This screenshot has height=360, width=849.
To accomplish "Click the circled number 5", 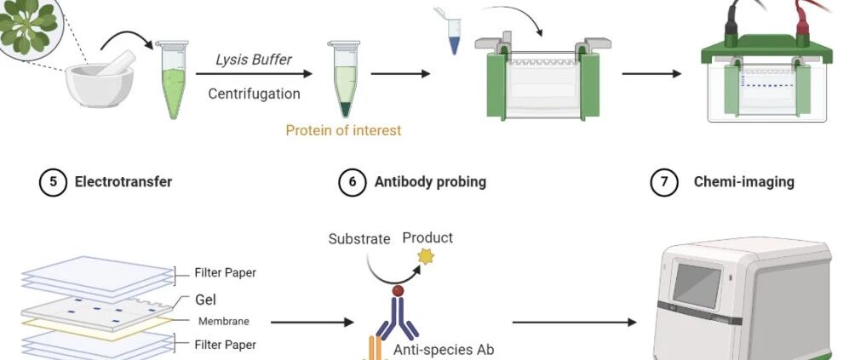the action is [53, 182].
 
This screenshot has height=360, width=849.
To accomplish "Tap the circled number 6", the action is [353, 182].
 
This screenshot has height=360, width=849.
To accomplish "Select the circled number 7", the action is [664, 182].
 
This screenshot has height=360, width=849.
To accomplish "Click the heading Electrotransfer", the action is [123, 181].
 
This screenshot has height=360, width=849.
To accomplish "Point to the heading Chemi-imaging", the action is [744, 181].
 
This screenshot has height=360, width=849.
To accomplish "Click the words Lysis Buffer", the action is [254, 59].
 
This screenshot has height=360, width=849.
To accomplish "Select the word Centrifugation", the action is [254, 94].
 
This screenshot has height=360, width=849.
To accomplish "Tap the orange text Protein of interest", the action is [343, 130].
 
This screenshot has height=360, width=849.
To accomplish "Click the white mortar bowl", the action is [99, 86].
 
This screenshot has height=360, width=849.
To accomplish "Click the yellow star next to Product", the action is [426, 257].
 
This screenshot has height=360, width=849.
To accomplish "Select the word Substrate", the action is [359, 239].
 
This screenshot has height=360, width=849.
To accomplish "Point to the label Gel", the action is [206, 300].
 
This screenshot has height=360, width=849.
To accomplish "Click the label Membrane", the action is [224, 321].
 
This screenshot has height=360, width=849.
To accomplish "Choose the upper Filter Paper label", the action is [226, 273].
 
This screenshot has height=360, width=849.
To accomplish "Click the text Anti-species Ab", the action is [444, 350].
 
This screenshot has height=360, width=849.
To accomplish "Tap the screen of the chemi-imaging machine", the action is [697, 285].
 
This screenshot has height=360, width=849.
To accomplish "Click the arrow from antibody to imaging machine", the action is [575, 323].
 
